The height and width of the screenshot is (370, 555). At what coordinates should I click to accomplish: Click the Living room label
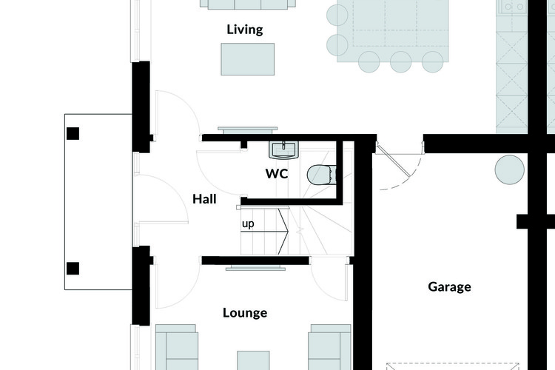click(245, 30)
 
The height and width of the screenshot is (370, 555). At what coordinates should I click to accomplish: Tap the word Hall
click(204, 199)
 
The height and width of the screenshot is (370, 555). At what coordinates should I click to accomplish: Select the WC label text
click(277, 173)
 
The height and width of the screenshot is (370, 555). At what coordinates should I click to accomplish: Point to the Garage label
click(449, 286)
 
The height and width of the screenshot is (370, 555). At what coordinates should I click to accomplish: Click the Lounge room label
click(245, 312)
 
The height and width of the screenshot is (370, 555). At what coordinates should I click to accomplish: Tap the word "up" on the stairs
click(248, 224)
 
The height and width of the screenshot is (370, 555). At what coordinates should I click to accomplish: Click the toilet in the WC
click(321, 175)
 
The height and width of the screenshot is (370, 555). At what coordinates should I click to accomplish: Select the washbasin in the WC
click(284, 150)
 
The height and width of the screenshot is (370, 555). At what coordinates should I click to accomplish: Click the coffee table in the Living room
click(247, 59)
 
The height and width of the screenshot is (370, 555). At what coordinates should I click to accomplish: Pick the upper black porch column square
click(73, 133)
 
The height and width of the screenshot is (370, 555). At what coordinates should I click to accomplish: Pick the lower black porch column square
click(73, 269)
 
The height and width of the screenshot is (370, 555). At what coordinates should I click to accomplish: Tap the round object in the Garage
click(509, 169)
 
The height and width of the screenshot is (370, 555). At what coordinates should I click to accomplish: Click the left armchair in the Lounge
click(177, 347)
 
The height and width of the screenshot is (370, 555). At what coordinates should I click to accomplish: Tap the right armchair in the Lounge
click(329, 347)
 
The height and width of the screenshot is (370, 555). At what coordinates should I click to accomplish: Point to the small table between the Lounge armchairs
click(253, 360)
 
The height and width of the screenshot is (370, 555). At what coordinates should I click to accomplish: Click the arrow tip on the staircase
click(289, 232)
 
